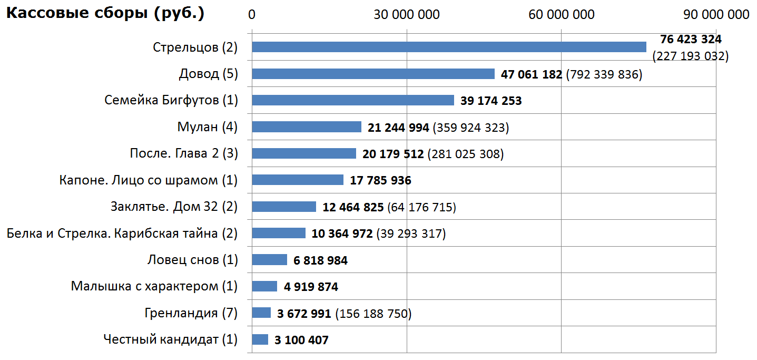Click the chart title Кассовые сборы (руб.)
point(105,14)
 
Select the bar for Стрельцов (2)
point(449,47)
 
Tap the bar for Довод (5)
point(373,74)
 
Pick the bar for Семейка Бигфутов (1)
point(353,100)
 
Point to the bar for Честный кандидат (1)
point(260,339)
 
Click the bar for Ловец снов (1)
point(270,260)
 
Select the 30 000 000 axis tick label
point(407,15)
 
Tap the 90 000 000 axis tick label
point(716,15)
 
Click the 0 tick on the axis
point(252,15)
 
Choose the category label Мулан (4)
point(208,127)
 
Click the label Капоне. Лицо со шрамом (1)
point(149,180)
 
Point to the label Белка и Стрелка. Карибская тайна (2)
point(122,233)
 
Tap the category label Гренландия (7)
point(191,313)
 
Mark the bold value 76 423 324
point(691,40)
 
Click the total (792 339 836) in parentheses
point(604,74)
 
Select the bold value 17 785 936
point(380,181)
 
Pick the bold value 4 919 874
point(311,287)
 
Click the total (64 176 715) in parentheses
point(421,207)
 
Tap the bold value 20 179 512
point(393,154)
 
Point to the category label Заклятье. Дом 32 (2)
point(174,207)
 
